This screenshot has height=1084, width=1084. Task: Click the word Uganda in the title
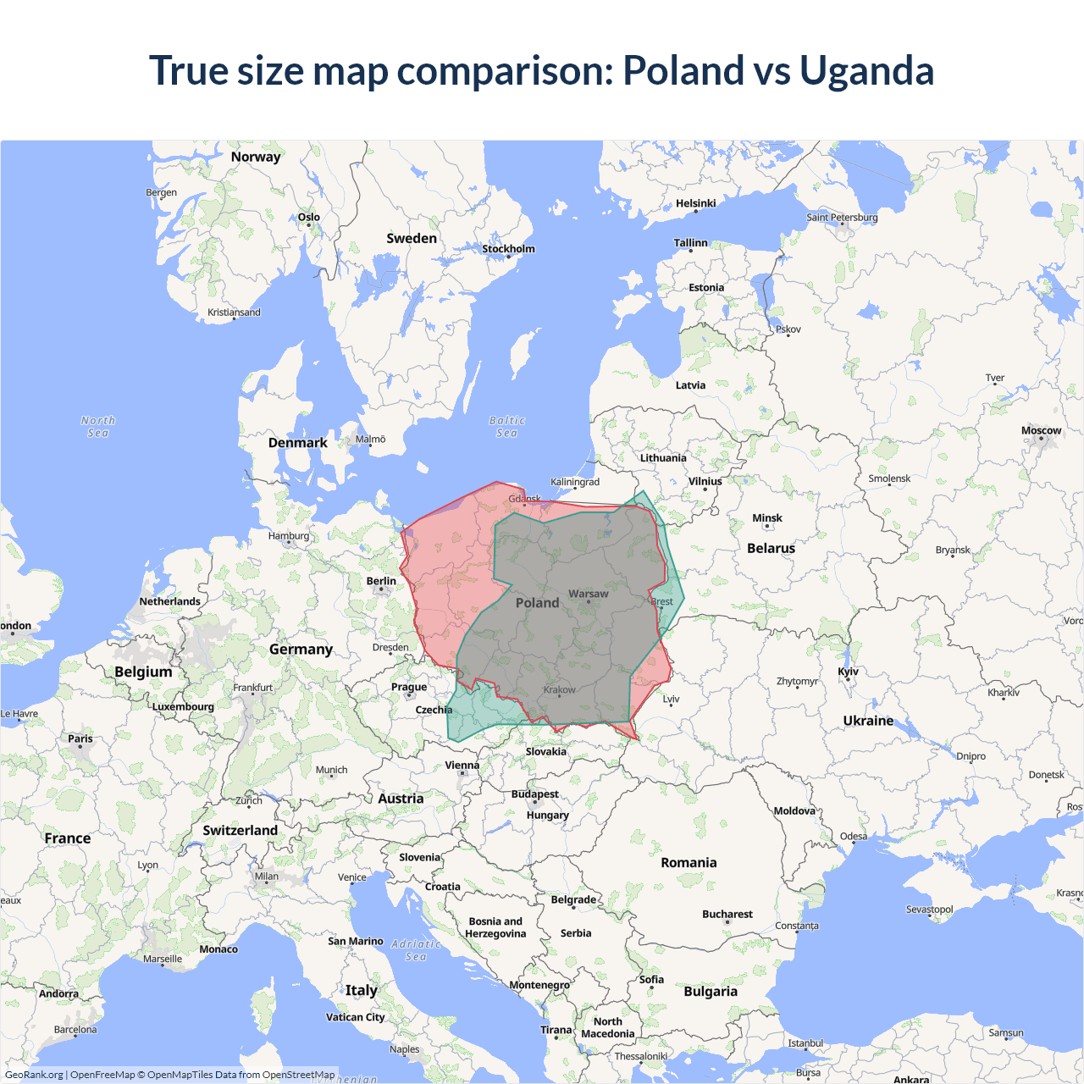(x=866, y=71)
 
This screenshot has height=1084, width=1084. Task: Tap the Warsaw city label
(x=588, y=594)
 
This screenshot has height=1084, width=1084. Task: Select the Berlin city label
(x=381, y=581)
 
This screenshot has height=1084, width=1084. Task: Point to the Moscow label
(x=1041, y=430)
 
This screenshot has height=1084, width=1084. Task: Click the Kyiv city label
(x=848, y=672)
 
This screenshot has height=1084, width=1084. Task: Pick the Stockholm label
(x=508, y=248)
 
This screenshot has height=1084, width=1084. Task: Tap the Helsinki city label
(x=695, y=203)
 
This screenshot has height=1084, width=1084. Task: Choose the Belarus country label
(x=771, y=548)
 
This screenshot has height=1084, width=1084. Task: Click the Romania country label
(x=689, y=862)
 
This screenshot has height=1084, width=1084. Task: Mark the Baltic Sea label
(x=506, y=427)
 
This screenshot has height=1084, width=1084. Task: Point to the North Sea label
(x=97, y=427)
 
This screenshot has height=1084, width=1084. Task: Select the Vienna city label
(x=462, y=765)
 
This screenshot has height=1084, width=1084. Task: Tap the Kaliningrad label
(x=574, y=482)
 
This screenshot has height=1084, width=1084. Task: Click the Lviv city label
(x=671, y=699)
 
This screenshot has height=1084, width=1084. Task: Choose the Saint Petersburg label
(x=842, y=217)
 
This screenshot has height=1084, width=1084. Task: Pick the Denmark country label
(x=297, y=442)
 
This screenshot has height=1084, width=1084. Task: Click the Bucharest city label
(x=727, y=914)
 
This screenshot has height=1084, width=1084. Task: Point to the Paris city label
(x=80, y=738)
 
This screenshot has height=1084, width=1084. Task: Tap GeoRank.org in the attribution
(x=34, y=1075)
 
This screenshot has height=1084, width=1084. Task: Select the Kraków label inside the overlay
(x=559, y=689)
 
